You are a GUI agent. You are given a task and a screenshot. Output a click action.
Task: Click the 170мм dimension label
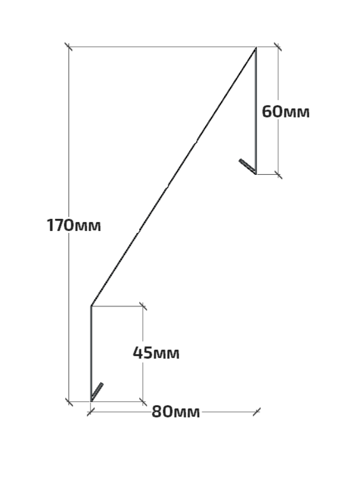coord(73,225)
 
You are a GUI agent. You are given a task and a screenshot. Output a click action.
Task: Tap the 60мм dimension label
coord(285,112)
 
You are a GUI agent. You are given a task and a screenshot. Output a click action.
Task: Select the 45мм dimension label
coord(156,353)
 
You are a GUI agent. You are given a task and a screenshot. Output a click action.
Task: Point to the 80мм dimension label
coord(176,412)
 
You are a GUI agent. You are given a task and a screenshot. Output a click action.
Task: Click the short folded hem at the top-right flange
coord(247,166)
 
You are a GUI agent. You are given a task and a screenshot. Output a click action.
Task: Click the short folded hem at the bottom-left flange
coord(97,391)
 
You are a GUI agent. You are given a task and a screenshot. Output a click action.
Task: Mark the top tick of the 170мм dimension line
coord(68,47)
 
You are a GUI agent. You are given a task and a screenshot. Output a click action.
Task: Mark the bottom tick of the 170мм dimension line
coord(69,401)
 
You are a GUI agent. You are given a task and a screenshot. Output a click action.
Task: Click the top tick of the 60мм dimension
coord(278,47)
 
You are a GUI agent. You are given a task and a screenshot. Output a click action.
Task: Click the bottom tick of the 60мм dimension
coord(278,174)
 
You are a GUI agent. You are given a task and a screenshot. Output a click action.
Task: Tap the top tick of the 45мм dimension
coord(142,306)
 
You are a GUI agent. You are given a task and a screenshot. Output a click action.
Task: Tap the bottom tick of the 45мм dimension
coord(142,401)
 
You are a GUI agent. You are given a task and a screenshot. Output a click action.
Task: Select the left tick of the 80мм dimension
coord(91,412)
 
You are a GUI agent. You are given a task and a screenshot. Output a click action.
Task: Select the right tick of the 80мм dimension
coord(257,412)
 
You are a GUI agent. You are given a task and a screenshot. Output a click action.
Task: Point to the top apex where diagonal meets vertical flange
coord(256,47)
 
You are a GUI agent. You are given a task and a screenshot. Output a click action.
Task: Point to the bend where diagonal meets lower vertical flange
coord(91,306)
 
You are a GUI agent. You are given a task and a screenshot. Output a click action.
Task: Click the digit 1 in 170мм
coord(50,225)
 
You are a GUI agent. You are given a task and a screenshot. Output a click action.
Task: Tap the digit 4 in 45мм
coord(138,353)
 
